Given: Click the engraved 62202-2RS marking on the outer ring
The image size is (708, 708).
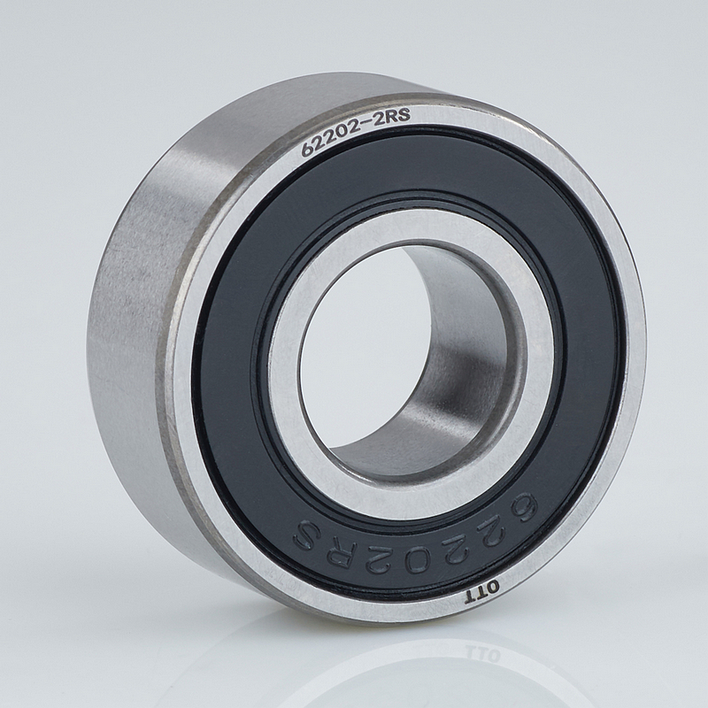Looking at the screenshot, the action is pyautogui.click(x=356, y=132).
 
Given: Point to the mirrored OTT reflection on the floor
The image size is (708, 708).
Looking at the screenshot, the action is pyautogui.click(x=482, y=654).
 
